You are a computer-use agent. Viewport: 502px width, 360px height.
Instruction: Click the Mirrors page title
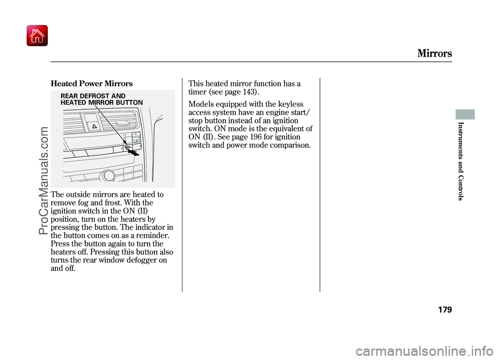click(434, 53)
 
